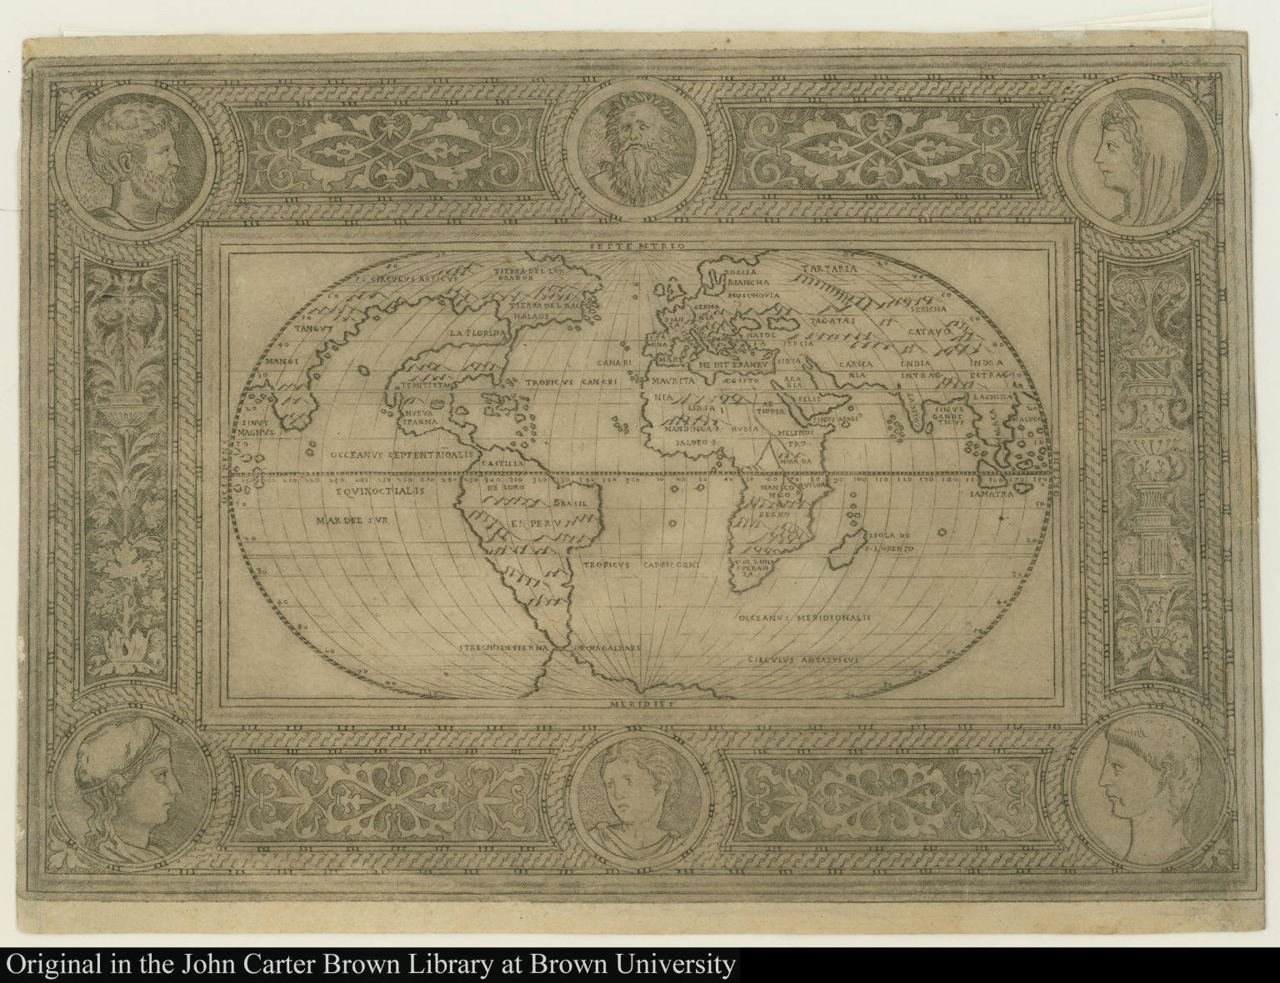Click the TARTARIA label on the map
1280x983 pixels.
(829, 269)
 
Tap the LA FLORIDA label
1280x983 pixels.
(478, 334)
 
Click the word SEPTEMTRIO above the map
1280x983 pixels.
(637, 247)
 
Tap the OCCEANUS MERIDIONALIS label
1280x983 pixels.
(803, 618)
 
